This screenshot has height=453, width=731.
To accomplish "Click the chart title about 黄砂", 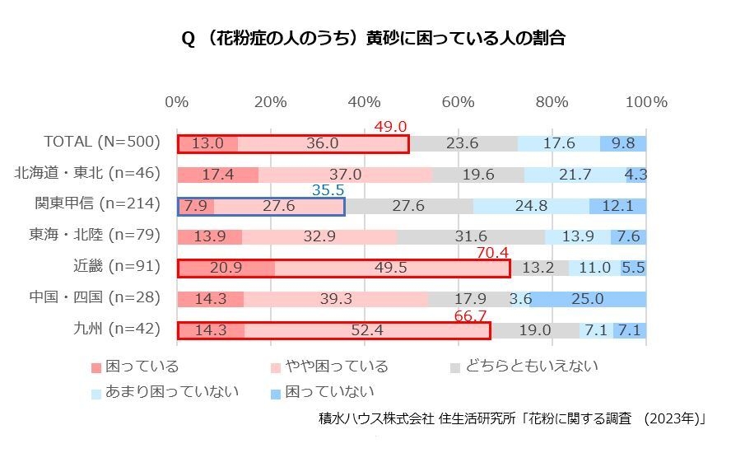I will click(373, 39).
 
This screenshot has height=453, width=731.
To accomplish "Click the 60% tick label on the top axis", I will click(458, 102).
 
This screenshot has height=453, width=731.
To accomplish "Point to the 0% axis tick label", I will click(176, 102).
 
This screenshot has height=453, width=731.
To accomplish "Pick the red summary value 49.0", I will click(390, 126).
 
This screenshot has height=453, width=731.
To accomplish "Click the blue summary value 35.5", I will click(328, 189).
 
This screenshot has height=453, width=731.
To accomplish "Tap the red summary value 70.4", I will click(493, 253).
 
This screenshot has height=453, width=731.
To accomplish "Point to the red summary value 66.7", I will click(471, 316).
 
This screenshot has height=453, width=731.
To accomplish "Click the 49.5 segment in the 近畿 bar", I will click(392, 268).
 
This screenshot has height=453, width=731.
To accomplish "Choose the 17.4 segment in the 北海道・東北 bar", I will click(218, 174).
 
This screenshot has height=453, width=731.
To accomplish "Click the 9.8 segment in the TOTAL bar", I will click(623, 143).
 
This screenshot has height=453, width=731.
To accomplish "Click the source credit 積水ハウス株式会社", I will click(376, 418).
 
